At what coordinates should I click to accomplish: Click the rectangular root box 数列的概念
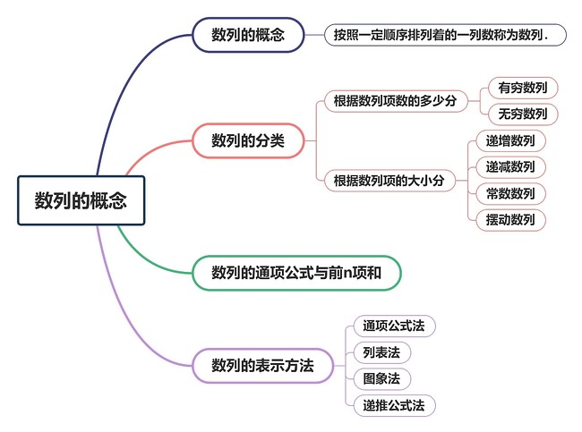pos(81,200)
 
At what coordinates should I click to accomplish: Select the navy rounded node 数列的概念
pos(248,35)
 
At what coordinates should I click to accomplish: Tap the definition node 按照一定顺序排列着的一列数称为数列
pos(445,35)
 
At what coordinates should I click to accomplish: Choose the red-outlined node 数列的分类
pos(248,140)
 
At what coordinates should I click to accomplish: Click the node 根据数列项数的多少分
pos(396,100)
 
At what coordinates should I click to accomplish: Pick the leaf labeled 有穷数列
pos(523,88)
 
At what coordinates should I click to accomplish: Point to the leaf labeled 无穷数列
pos(523,114)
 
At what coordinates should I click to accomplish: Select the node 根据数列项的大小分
pos(389,181)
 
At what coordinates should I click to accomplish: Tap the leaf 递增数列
pos(510,141)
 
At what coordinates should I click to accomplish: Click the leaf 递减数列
pos(510,167)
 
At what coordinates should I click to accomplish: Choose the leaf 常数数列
pos(510,193)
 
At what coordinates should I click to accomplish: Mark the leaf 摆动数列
pos(510,220)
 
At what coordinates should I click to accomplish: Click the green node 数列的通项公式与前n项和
pos(296,273)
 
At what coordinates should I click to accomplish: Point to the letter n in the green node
pos(347,274)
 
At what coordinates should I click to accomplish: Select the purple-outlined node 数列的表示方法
pos(262,366)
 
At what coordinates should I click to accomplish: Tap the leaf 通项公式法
pos(394,326)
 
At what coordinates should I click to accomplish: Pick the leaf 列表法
pos(382,352)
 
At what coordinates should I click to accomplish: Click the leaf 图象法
pos(382,379)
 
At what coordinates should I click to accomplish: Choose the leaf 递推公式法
pos(394,406)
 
